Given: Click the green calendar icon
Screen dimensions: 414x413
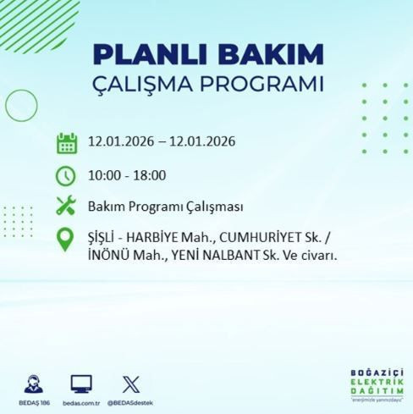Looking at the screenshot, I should pyautogui.click(x=66, y=141).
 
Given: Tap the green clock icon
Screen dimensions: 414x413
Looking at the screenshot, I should pyautogui.click(x=66, y=175).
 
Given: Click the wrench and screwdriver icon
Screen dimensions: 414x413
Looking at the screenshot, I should pyautogui.click(x=66, y=205).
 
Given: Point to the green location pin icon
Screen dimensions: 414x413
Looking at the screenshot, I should pyautogui.click(x=66, y=240).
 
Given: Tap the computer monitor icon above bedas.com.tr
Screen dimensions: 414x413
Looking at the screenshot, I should pyautogui.click(x=81, y=382).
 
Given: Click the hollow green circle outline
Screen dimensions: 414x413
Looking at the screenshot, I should pyautogui.click(x=21, y=105).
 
